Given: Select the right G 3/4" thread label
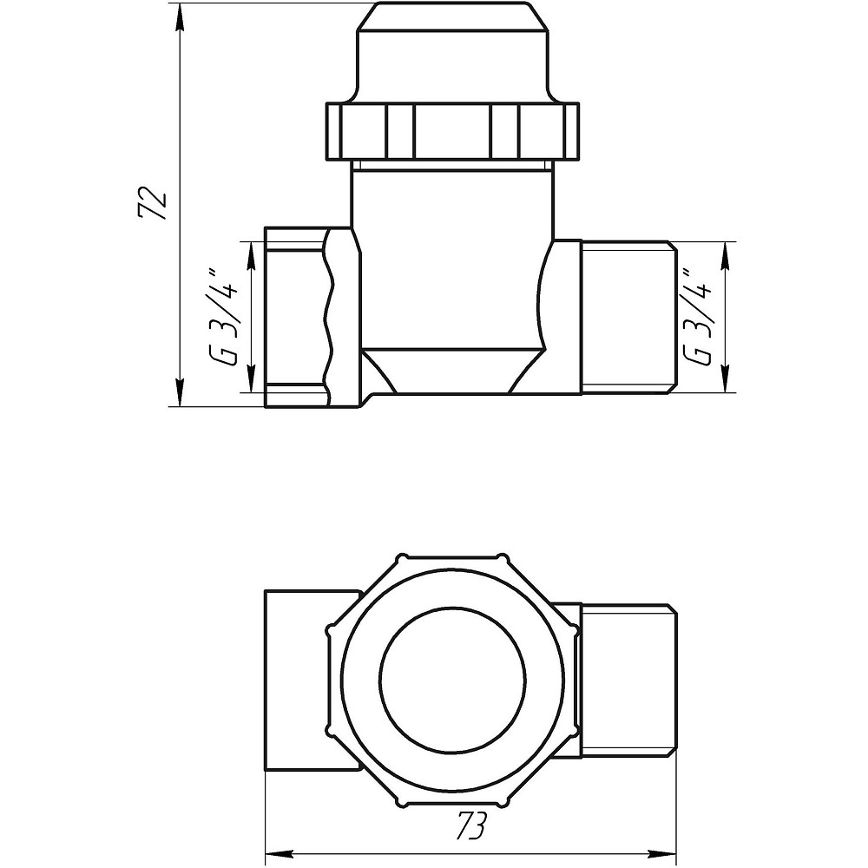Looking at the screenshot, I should [x=700, y=318].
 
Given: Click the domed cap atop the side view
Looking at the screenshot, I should [x=453, y=52].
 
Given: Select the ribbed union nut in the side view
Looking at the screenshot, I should [x=453, y=130].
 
